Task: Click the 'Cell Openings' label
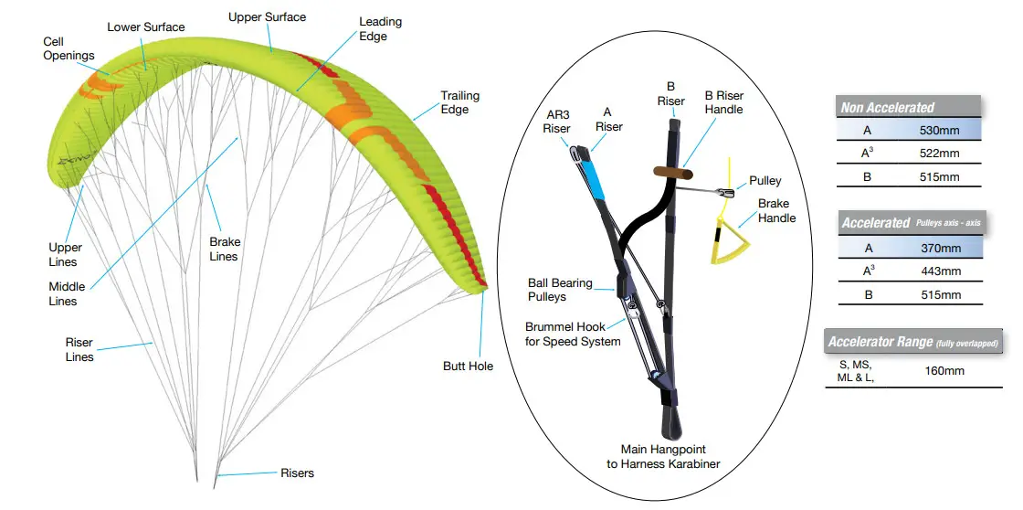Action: [x=69, y=48]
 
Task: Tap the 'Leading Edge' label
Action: [x=380, y=28]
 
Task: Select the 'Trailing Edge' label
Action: [x=460, y=102]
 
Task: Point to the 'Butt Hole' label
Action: [x=468, y=367]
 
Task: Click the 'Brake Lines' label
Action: [x=224, y=249]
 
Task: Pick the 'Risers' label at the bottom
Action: [x=297, y=473]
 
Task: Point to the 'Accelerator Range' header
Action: [x=912, y=343]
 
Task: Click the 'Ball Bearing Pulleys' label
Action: [x=559, y=290]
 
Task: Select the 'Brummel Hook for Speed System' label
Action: [x=573, y=335]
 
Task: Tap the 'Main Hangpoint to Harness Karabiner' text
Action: [x=663, y=457]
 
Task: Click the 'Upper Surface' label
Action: [x=267, y=17]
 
